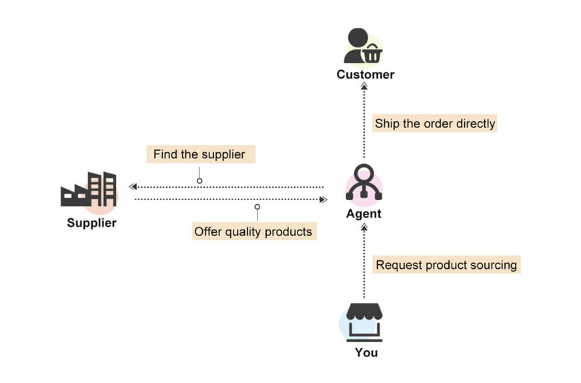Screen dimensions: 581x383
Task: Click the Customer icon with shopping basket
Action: (363, 45)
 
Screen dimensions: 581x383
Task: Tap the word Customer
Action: (366, 75)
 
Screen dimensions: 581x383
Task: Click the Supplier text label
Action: (91, 223)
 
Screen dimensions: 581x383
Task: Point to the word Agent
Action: (364, 214)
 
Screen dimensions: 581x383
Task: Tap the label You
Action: (366, 352)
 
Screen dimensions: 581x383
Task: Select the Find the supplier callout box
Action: (201, 154)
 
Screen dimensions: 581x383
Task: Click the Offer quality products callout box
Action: (254, 232)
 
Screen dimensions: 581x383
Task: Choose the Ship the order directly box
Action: (435, 123)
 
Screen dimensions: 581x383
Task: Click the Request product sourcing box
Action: (446, 265)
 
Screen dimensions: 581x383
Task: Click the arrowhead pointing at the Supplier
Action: (133, 186)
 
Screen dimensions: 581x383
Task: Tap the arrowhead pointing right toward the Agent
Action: (324, 200)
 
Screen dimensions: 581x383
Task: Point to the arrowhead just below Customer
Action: (364, 86)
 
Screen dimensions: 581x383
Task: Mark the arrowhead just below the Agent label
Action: (364, 228)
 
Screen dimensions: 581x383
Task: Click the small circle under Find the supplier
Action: (199, 181)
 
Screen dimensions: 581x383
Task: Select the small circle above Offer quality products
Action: (257, 207)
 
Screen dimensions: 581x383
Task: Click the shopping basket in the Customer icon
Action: (372, 53)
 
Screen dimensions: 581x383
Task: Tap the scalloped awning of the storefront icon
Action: (364, 312)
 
